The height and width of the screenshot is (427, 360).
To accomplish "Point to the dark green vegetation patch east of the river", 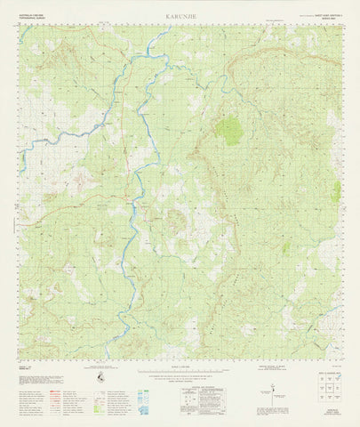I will point(228,131).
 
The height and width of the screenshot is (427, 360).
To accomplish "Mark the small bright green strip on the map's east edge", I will point(337,191).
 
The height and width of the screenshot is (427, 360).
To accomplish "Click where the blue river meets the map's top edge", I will point(166,27).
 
